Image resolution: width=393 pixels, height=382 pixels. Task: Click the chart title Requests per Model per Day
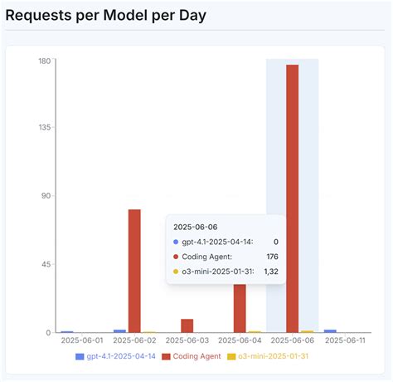coord(106,15)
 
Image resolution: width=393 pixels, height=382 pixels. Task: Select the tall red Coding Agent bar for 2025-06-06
coord(292,199)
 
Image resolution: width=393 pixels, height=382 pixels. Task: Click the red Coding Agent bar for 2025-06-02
coord(134,271)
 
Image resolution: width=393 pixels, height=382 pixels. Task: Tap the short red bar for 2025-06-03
coord(187,326)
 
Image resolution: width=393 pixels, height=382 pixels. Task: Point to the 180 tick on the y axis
coord(44,61)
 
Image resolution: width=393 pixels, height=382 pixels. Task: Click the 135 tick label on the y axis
coord(44,128)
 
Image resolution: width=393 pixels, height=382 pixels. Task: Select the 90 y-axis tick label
coord(46,196)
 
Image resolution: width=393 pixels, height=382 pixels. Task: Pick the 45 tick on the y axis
coord(46,264)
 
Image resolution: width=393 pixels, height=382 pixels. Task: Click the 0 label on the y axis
coord(48,332)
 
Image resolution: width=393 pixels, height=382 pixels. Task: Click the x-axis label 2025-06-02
coord(134,340)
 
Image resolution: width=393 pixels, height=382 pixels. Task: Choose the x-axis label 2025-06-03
coord(187,340)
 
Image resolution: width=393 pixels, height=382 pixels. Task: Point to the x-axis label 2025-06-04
coord(240,340)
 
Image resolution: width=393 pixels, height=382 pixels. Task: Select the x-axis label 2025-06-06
coord(294,340)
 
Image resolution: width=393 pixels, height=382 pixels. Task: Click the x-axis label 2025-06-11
coord(347,340)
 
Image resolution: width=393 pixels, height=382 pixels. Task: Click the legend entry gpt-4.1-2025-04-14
coord(116,356)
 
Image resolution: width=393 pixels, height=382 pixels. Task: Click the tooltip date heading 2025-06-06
coord(195,226)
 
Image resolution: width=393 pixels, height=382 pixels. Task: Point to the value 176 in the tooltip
coord(271,257)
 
